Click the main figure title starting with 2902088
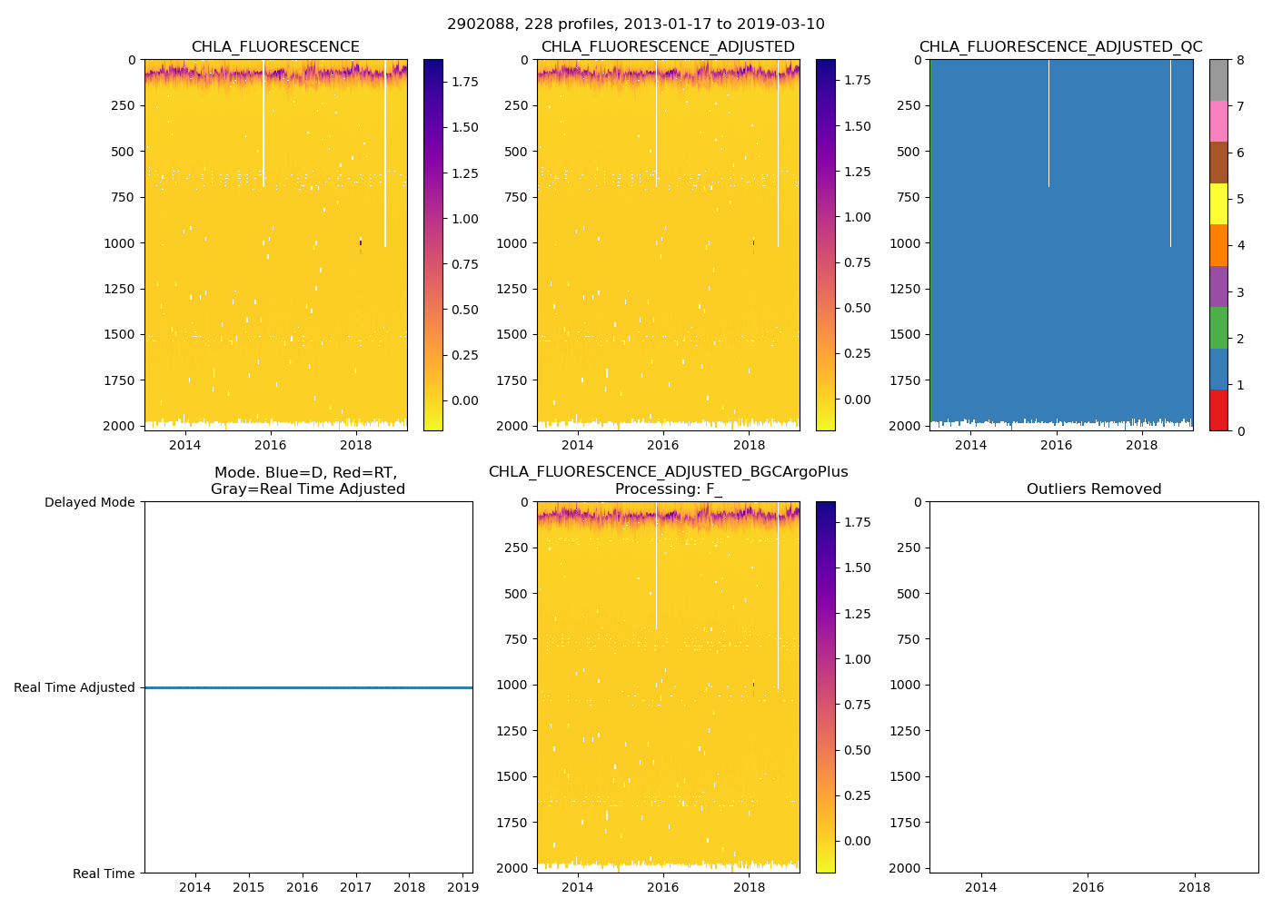636,25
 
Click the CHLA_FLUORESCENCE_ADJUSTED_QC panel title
1060,47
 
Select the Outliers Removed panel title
1094,489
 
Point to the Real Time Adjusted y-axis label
74,687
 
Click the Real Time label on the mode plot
104,873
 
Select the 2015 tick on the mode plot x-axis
249,887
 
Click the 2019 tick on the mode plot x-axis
463,887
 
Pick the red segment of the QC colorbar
1218,410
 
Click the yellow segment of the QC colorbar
1218,203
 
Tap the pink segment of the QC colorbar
1218,121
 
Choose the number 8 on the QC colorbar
1240,60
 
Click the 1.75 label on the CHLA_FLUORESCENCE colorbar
465,82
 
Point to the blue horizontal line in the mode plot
309,687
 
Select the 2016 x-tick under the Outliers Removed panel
1088,887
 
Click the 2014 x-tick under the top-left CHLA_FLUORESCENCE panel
185,445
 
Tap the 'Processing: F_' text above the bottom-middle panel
668,489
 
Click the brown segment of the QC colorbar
1218,162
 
